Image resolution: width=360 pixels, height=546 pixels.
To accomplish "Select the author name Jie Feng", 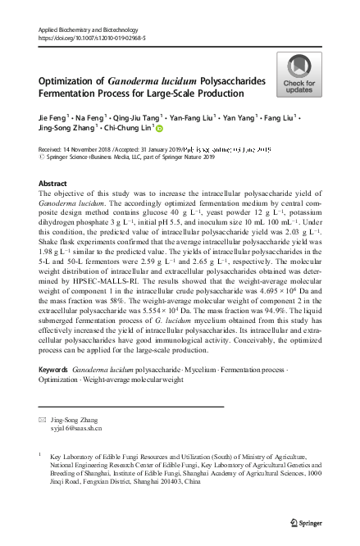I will pos(54,118).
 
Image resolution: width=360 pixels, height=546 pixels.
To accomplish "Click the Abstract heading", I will pos(53,183).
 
